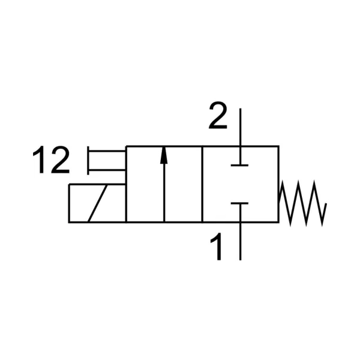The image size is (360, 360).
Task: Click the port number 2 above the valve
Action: [218, 115]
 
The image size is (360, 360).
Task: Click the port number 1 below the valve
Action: [216, 247]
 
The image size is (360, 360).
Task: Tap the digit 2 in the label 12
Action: [60, 160]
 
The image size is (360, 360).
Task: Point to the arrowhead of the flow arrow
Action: [164, 155]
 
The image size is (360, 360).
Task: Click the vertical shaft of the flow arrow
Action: [164, 193]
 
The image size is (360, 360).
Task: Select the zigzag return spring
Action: [302, 203]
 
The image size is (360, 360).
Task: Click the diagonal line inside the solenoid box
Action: [98, 203]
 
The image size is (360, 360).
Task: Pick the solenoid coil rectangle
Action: [97, 203]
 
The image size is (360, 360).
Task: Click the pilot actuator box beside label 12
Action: [107, 161]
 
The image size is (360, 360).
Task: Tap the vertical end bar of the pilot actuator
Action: [88, 160]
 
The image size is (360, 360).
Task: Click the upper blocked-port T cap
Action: [239, 165]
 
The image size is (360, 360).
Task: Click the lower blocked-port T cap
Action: [239, 203]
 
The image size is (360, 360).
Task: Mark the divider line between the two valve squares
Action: [202, 184]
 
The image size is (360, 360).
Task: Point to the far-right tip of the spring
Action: [326, 203]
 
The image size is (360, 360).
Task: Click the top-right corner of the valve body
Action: [279, 146]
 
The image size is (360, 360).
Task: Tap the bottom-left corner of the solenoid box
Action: [69, 222]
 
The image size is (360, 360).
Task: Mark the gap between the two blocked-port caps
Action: [240, 184]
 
